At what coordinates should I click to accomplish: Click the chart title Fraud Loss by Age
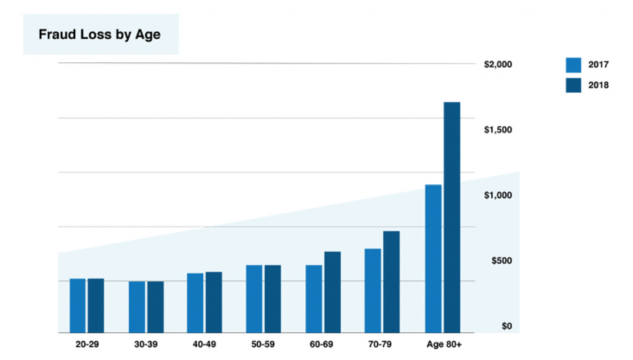click(100, 34)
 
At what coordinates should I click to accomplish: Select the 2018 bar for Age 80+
click(452, 217)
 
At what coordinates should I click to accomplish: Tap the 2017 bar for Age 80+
click(433, 259)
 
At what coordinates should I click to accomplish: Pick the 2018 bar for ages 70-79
click(391, 282)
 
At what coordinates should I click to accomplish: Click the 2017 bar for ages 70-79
click(373, 291)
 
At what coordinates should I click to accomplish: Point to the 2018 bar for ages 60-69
click(333, 292)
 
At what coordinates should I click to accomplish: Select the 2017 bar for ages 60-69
click(314, 299)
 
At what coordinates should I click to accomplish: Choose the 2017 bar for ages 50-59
click(254, 299)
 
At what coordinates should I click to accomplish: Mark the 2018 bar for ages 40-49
click(214, 302)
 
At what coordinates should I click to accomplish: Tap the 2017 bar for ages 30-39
click(137, 307)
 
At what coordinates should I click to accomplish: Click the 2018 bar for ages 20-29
click(96, 306)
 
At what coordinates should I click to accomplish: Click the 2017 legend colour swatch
click(574, 65)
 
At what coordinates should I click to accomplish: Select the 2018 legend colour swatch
click(574, 85)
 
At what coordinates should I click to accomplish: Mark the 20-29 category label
click(87, 344)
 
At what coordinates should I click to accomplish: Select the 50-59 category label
click(264, 344)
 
